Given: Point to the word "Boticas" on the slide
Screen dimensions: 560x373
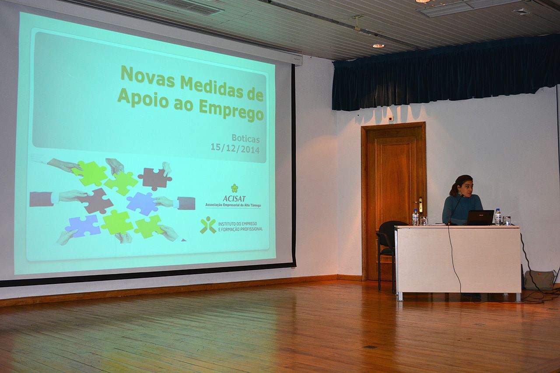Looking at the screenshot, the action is [x=245, y=139].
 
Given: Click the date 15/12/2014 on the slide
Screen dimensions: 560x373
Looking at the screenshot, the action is [x=235, y=148].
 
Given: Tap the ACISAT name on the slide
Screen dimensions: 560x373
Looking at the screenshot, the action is [x=234, y=199].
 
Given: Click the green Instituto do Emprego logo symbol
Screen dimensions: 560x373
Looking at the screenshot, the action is [x=208, y=225].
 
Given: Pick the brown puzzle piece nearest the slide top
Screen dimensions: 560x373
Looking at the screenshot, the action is [x=155, y=178].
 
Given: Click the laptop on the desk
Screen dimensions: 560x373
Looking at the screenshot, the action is [x=480, y=218].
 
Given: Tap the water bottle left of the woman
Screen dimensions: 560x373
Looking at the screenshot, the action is [x=415, y=217].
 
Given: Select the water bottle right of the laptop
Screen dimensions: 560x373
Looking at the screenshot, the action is [x=498, y=217].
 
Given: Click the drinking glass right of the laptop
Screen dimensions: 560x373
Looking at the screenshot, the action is [x=507, y=220].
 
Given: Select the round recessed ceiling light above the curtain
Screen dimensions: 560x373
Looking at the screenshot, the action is [x=378, y=46].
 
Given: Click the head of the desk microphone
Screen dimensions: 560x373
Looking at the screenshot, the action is [x=462, y=196].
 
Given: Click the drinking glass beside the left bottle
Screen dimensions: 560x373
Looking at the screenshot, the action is [x=423, y=221].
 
